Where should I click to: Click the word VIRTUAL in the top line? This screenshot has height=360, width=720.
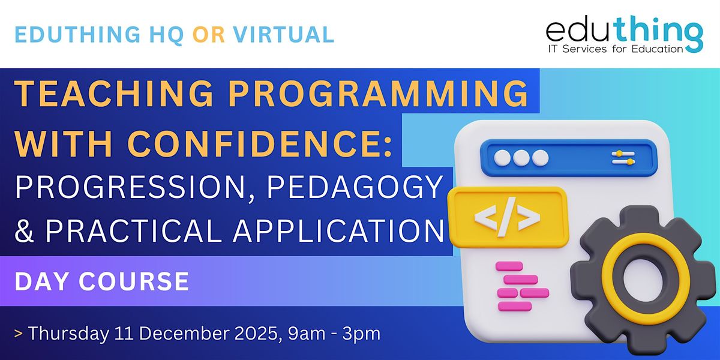pyautogui.click(x=287, y=35)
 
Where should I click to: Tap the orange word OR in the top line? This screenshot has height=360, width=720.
pyautogui.click(x=209, y=35)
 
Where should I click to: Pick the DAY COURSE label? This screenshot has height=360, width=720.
pyautogui.click(x=102, y=281)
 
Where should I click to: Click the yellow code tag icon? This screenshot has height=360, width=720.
pyautogui.click(x=508, y=216)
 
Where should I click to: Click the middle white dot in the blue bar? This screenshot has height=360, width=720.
pyautogui.click(x=521, y=158)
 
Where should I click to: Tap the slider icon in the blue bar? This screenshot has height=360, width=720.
pyautogui.click(x=623, y=158)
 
